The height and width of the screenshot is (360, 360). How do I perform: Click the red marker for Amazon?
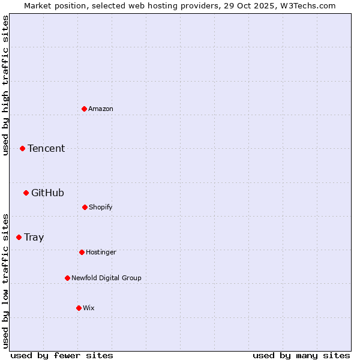84,109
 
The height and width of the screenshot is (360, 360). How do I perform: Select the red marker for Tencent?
22,148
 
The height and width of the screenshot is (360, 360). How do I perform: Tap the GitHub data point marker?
26,193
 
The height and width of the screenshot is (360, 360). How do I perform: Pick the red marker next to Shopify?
85,207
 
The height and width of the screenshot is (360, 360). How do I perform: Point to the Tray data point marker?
19,237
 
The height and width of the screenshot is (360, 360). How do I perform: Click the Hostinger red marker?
82,252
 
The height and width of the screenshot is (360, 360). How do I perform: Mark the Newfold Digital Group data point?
67,278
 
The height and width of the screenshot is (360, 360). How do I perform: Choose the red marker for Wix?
79,308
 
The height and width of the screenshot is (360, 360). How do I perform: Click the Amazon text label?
101,109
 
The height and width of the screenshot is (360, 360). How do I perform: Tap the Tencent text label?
46,148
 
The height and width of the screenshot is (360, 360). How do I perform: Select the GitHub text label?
47,193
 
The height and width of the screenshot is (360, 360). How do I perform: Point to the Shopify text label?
101,207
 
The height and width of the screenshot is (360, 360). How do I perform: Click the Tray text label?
34,237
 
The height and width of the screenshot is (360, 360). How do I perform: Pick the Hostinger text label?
101,252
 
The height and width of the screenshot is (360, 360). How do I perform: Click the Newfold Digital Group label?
106,278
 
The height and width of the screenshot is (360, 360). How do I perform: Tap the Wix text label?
89,308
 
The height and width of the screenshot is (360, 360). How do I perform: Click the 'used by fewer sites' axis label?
61,355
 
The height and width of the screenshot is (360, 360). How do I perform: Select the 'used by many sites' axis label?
301,355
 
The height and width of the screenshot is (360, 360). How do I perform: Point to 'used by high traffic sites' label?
5,85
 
